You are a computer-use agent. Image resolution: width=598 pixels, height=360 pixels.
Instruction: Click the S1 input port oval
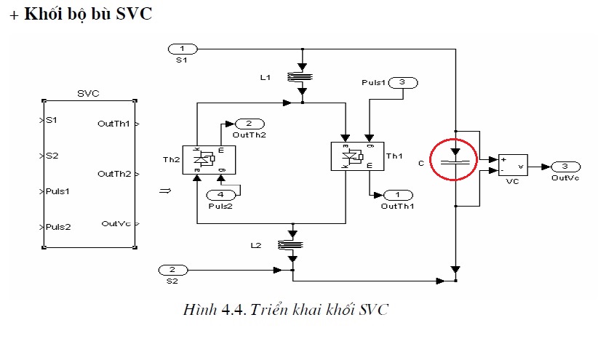(x=183, y=49)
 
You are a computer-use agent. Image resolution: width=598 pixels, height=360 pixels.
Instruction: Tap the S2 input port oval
(x=173, y=270)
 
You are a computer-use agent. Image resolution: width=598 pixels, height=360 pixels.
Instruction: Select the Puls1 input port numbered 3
(x=403, y=83)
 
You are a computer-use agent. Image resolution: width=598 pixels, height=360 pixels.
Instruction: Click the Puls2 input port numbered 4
(x=221, y=195)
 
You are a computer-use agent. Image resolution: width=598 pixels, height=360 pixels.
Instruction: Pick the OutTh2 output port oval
(x=250, y=124)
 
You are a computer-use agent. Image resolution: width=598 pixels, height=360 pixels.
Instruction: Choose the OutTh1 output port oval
(x=398, y=195)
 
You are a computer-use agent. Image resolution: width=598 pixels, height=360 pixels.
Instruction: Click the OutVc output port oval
(x=566, y=167)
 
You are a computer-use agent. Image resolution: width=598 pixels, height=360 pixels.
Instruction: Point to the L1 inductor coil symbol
(x=300, y=77)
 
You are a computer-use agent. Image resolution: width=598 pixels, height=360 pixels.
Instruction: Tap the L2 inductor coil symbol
(x=290, y=245)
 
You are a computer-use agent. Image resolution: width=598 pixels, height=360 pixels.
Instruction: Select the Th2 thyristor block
(x=209, y=160)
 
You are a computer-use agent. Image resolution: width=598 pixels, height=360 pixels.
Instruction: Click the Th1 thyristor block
(x=357, y=156)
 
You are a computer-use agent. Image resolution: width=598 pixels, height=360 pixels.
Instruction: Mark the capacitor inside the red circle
(x=455, y=162)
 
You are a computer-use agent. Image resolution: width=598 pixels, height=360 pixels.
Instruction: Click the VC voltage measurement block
(x=513, y=165)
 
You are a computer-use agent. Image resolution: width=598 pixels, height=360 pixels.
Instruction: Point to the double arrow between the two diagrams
(x=165, y=191)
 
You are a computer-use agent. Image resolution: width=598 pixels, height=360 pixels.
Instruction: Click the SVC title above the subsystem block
(x=88, y=94)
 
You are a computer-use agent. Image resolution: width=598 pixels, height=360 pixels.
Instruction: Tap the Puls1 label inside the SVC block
(x=57, y=191)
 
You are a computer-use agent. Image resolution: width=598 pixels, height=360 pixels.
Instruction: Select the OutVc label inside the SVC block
(x=116, y=224)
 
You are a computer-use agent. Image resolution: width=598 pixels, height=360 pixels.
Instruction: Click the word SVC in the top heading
(x=134, y=14)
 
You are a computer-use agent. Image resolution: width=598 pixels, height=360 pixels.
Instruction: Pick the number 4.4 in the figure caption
(x=234, y=310)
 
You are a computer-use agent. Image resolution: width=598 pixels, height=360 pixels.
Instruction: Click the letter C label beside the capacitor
(x=421, y=163)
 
